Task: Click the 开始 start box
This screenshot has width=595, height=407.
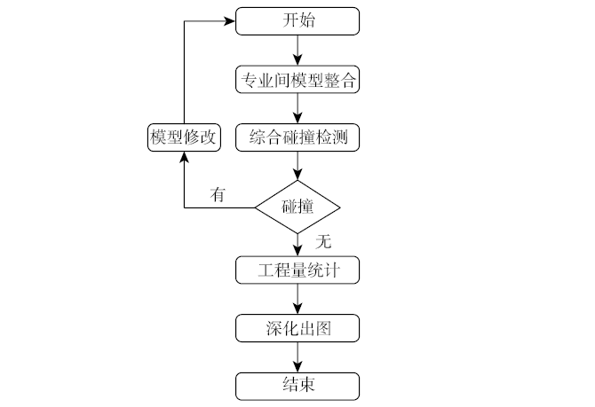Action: (297, 20)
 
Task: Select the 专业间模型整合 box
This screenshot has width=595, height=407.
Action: (297, 81)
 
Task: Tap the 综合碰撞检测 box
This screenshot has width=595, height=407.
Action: (297, 137)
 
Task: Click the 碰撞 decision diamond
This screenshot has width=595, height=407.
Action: (297, 207)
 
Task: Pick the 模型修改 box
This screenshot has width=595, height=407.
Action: (183, 137)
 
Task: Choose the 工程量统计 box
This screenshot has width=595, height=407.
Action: (297, 270)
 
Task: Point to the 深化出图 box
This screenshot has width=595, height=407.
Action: (297, 329)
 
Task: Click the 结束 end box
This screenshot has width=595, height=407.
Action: (297, 386)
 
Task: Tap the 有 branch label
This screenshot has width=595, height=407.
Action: (218, 193)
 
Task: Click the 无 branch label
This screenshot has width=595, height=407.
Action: (322, 240)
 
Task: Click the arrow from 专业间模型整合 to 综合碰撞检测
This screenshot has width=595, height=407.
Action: (297, 109)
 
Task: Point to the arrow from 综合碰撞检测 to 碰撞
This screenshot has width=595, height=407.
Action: (297, 167)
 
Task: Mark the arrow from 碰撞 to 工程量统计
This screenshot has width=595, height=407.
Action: (297, 244)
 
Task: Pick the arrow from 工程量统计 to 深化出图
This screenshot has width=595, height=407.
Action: (297, 299)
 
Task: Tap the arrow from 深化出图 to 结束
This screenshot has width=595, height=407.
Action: (297, 357)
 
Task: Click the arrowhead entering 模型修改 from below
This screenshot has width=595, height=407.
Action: (183, 157)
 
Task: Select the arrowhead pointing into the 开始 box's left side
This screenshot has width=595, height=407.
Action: (229, 20)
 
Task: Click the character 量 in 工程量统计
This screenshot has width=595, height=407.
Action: (297, 270)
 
